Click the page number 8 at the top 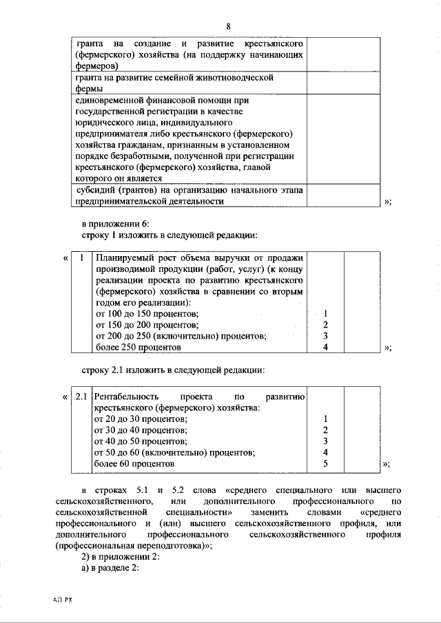(x=227, y=27)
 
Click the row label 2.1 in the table (x=81, y=397)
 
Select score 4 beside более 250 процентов (x=325, y=348)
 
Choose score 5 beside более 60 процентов (x=325, y=464)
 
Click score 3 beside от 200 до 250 (x=325, y=337)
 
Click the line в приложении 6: (x=121, y=224)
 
